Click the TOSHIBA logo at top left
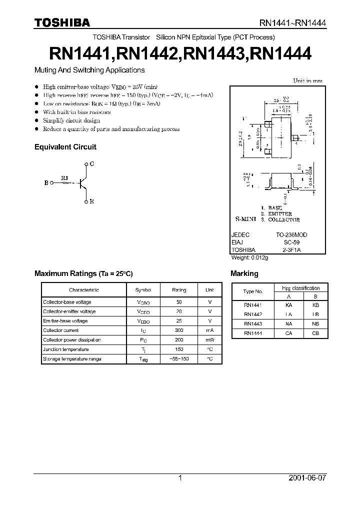tap(61, 22)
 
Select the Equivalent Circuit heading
tap(65, 147)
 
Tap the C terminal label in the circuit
tap(92, 164)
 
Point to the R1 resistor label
tap(64, 177)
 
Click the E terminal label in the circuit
tap(92, 201)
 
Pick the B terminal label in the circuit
tap(46, 183)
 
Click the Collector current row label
tap(60, 330)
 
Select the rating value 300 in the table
tap(179, 330)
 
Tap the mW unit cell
tap(209, 340)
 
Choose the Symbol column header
tap(143, 290)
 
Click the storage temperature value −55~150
tap(179, 359)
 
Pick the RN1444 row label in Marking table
tap(252, 333)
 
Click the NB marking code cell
tap(315, 324)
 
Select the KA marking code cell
tap(289, 304)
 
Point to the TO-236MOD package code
tap(292, 234)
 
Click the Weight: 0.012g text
tap(249, 257)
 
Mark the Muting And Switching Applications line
tap(89, 70)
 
